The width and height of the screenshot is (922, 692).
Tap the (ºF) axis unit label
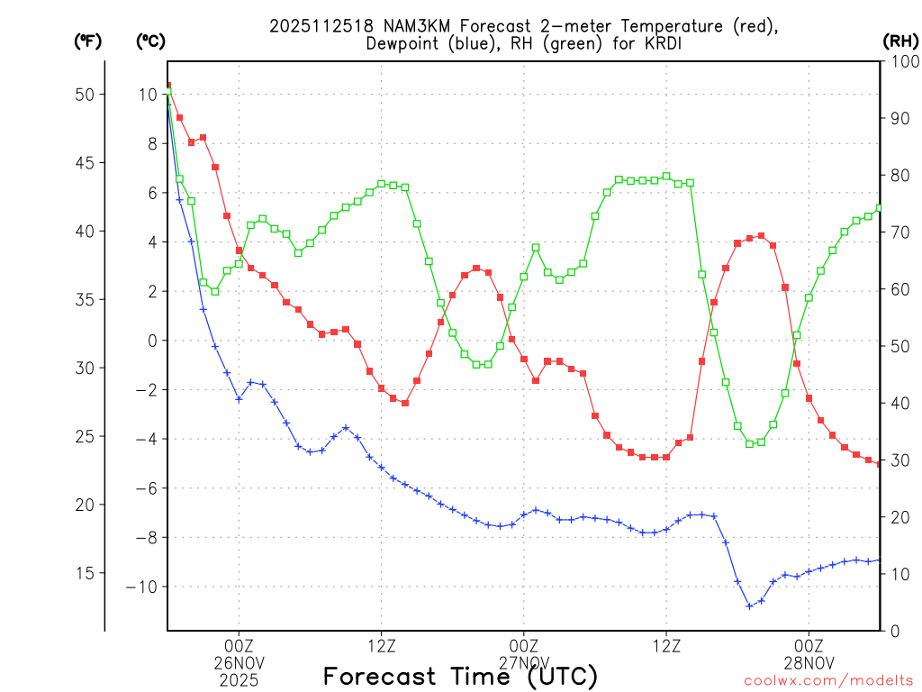coord(87,41)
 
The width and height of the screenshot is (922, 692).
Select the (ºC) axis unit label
coord(150,41)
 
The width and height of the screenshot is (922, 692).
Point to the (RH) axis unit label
coord(899,41)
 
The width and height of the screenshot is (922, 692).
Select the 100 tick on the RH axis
coord(900,61)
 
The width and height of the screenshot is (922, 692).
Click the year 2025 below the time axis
coord(239,680)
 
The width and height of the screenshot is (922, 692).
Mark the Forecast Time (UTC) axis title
coord(460,676)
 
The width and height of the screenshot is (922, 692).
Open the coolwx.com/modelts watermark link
coord(828,680)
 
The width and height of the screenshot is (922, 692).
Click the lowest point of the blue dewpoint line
coord(749,606)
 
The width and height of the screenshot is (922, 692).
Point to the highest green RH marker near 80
coord(666,177)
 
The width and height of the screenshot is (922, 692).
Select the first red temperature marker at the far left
coord(167,86)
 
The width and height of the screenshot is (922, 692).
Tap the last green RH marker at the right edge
coord(880,208)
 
